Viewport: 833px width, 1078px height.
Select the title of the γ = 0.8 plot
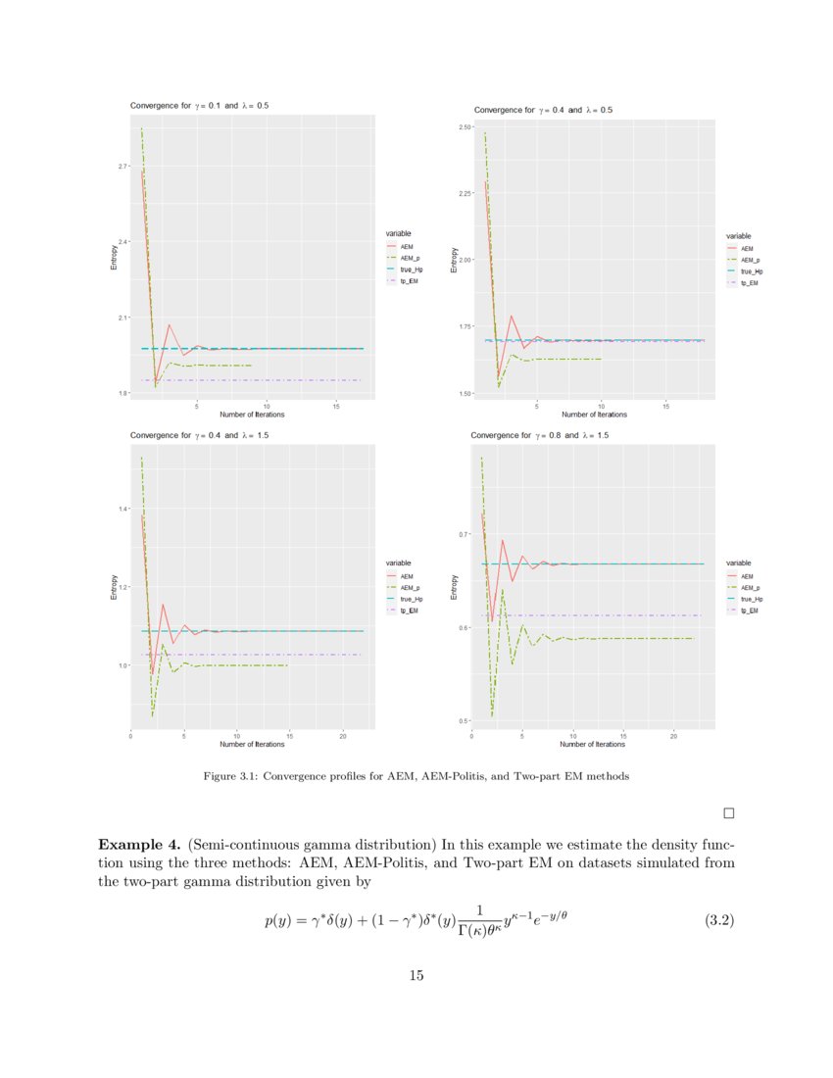pyautogui.click(x=540, y=434)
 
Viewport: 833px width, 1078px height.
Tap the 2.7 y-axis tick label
pyautogui.click(x=123, y=167)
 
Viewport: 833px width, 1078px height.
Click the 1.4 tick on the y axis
pyautogui.click(x=123, y=509)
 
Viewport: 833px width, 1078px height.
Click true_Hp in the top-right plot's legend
pyautogui.click(x=752, y=270)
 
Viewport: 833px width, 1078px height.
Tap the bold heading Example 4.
pyautogui.click(x=139, y=845)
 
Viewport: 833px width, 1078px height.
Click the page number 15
pyautogui.click(x=416, y=975)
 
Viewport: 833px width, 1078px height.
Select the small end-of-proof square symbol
pyautogui.click(x=728, y=811)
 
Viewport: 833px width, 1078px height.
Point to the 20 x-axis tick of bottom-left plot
pyautogui.click(x=342, y=735)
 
